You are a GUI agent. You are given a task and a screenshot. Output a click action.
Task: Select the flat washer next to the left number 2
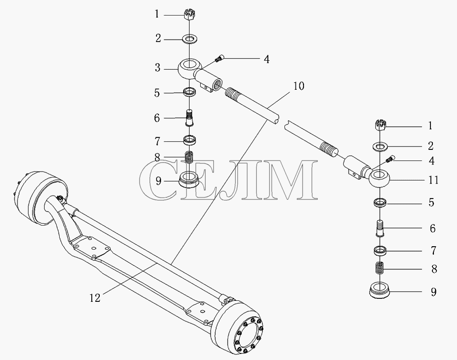pyautogui.click(x=190, y=39)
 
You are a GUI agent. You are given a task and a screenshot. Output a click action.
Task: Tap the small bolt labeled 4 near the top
pyautogui.click(x=219, y=58)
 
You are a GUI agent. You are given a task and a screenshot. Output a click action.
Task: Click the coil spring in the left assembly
pyautogui.click(x=190, y=158)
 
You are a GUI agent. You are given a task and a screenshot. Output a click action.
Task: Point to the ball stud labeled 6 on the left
pyautogui.click(x=190, y=117)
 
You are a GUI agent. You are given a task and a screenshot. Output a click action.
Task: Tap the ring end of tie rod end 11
pyautogui.click(x=380, y=178)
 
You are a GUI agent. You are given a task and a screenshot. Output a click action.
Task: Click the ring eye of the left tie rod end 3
pyautogui.click(x=189, y=69)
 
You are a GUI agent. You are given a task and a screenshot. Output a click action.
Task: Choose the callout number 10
pyautogui.click(x=299, y=86)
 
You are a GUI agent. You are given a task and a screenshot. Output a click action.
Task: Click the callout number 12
pyautogui.click(x=95, y=298)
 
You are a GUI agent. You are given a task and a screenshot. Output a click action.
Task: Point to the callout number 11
pyautogui.click(x=433, y=180)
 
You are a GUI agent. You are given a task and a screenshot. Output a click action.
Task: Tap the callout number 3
pyautogui.click(x=158, y=68)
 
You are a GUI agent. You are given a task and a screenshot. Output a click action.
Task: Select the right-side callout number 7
pyautogui.click(x=433, y=251)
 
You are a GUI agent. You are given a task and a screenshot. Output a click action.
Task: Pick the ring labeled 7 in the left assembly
pyautogui.click(x=190, y=140)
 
